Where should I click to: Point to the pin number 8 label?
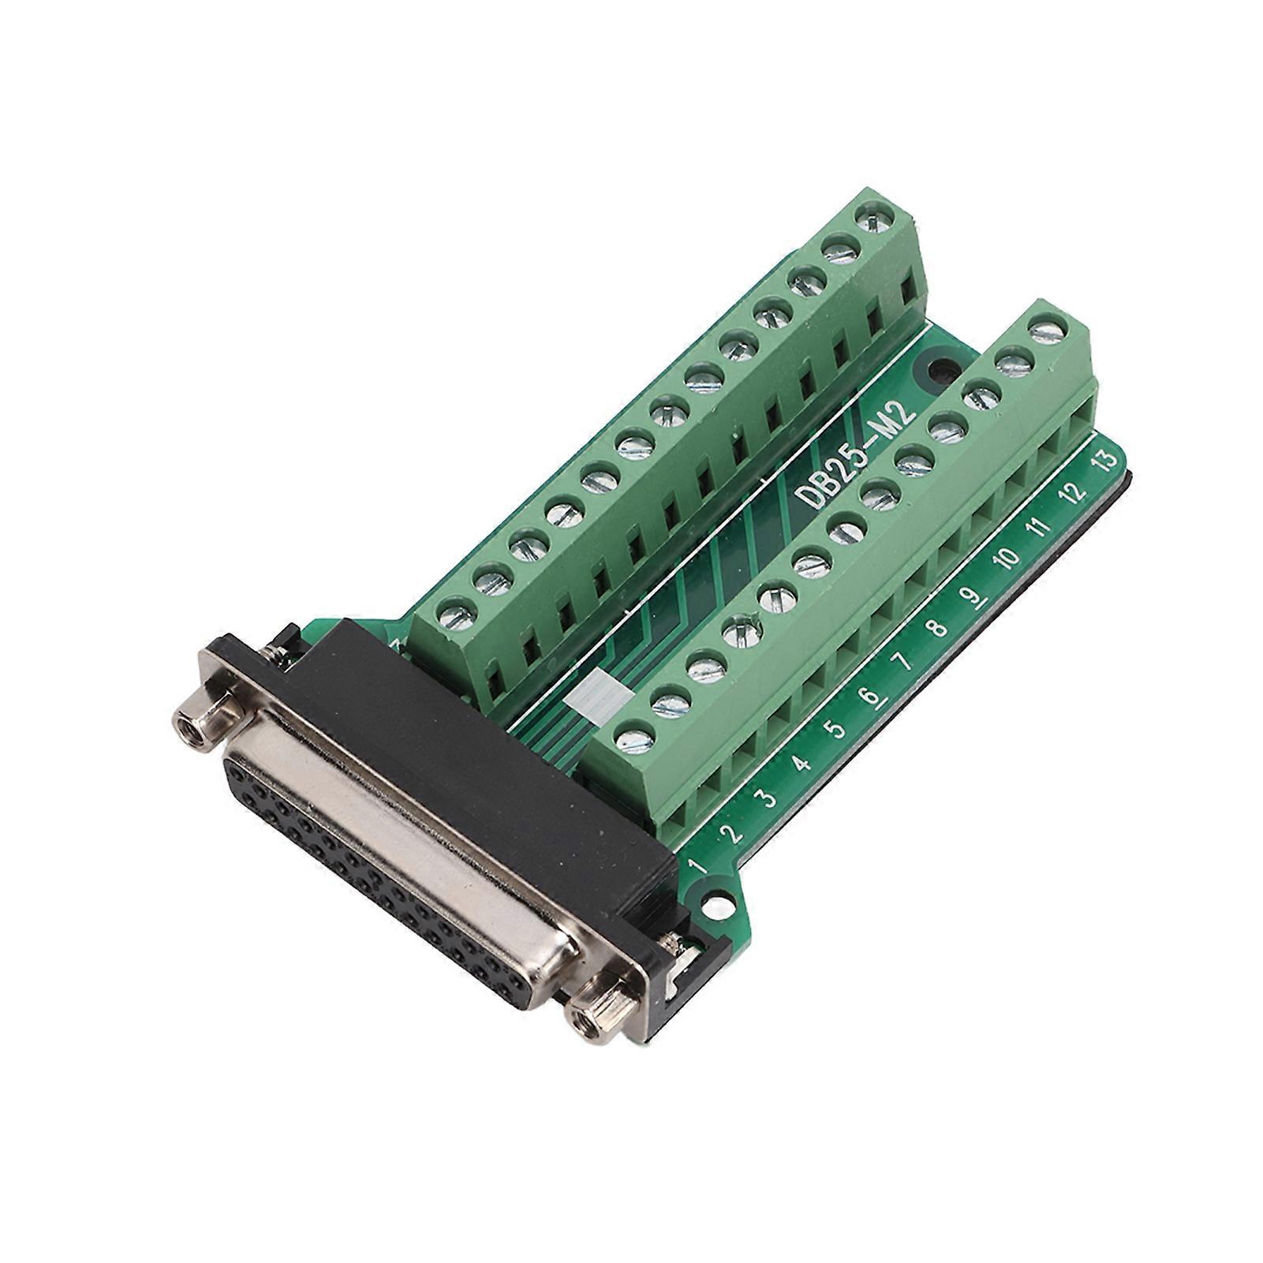coord(936,629)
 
